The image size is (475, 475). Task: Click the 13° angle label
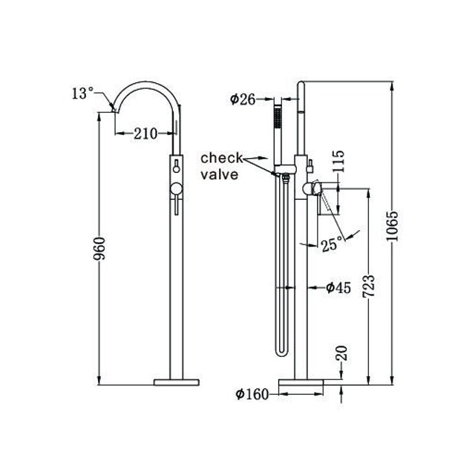tap(82, 94)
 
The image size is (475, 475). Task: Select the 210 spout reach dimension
tap(146, 134)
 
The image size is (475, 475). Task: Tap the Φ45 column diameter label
tap(338, 288)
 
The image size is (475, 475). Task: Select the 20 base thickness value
tap(341, 353)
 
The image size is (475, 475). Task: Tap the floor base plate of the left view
tap(176, 382)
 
